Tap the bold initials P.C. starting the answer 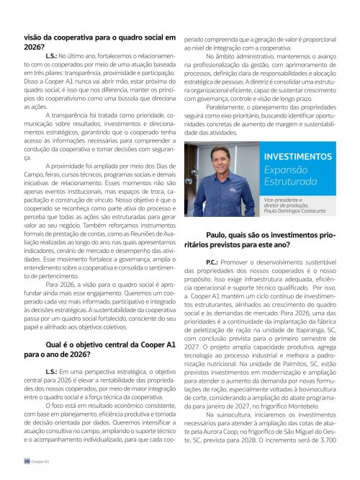[x=212, y=257]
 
